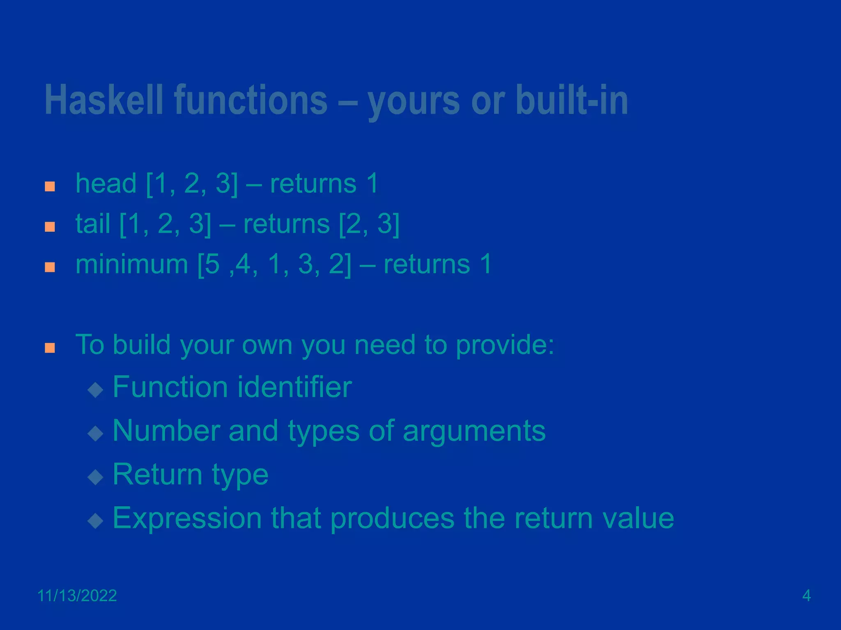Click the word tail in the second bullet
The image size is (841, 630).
93,224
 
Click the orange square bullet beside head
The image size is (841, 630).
50,187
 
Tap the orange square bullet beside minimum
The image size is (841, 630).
50,267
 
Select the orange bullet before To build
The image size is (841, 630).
50,348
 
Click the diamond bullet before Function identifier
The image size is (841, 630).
95,390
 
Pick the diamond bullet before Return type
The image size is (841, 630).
95,477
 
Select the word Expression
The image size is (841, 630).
187,518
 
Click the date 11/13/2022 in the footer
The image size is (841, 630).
77,596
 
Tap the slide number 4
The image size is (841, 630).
806,596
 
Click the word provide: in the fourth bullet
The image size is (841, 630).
505,345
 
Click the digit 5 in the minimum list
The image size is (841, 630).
213,264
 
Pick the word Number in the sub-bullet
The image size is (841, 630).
165,431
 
